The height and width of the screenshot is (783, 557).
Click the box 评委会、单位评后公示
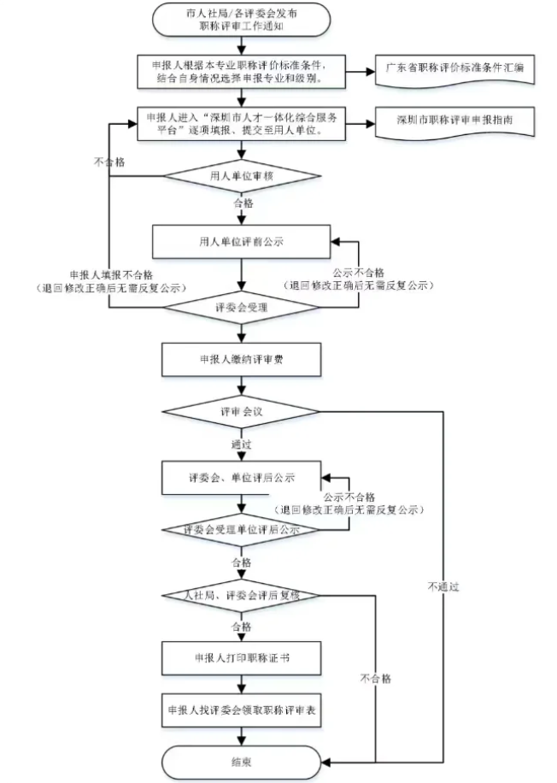pos(242,477)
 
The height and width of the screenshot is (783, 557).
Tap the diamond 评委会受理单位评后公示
pos(242,531)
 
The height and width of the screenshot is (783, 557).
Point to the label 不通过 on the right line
pos(444,587)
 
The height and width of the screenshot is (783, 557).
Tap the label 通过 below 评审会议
pos(242,444)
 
